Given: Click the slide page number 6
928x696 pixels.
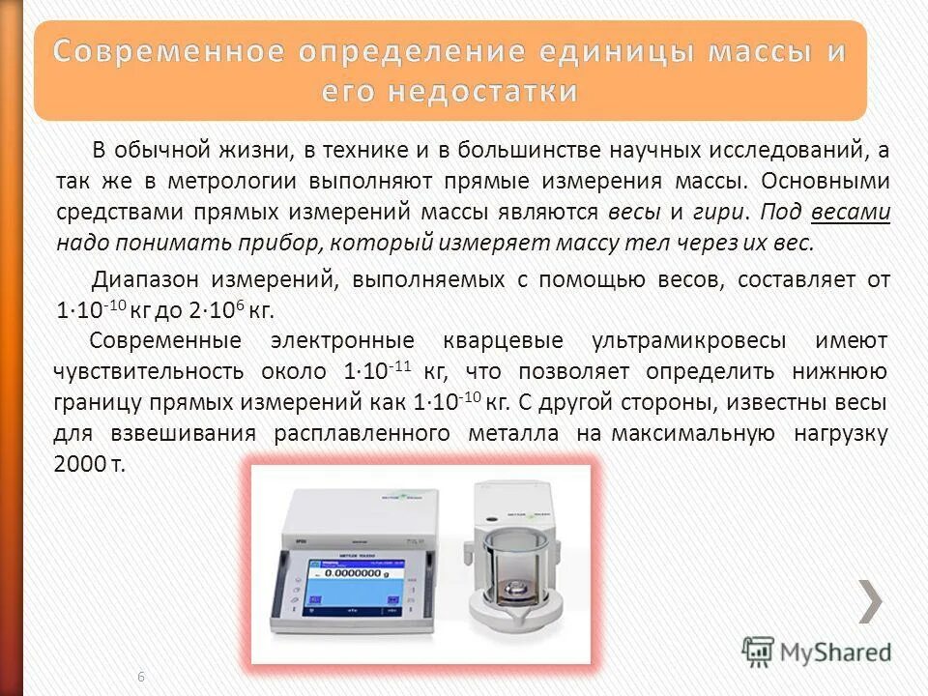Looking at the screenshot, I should (x=141, y=676).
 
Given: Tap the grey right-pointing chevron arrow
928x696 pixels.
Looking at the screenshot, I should (x=870, y=601).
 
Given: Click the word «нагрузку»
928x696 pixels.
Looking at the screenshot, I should (x=840, y=433).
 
